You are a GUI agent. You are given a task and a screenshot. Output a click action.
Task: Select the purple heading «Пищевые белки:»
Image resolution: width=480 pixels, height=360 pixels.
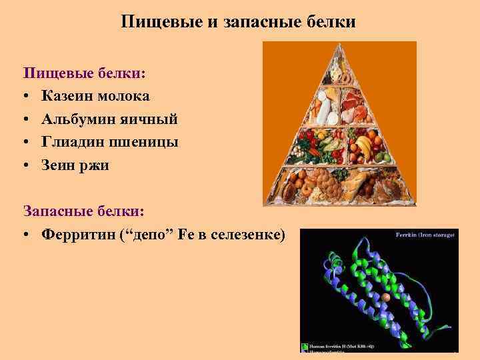(85, 72)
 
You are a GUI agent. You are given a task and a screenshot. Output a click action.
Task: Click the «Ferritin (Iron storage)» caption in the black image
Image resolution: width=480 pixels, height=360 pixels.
(426, 235)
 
